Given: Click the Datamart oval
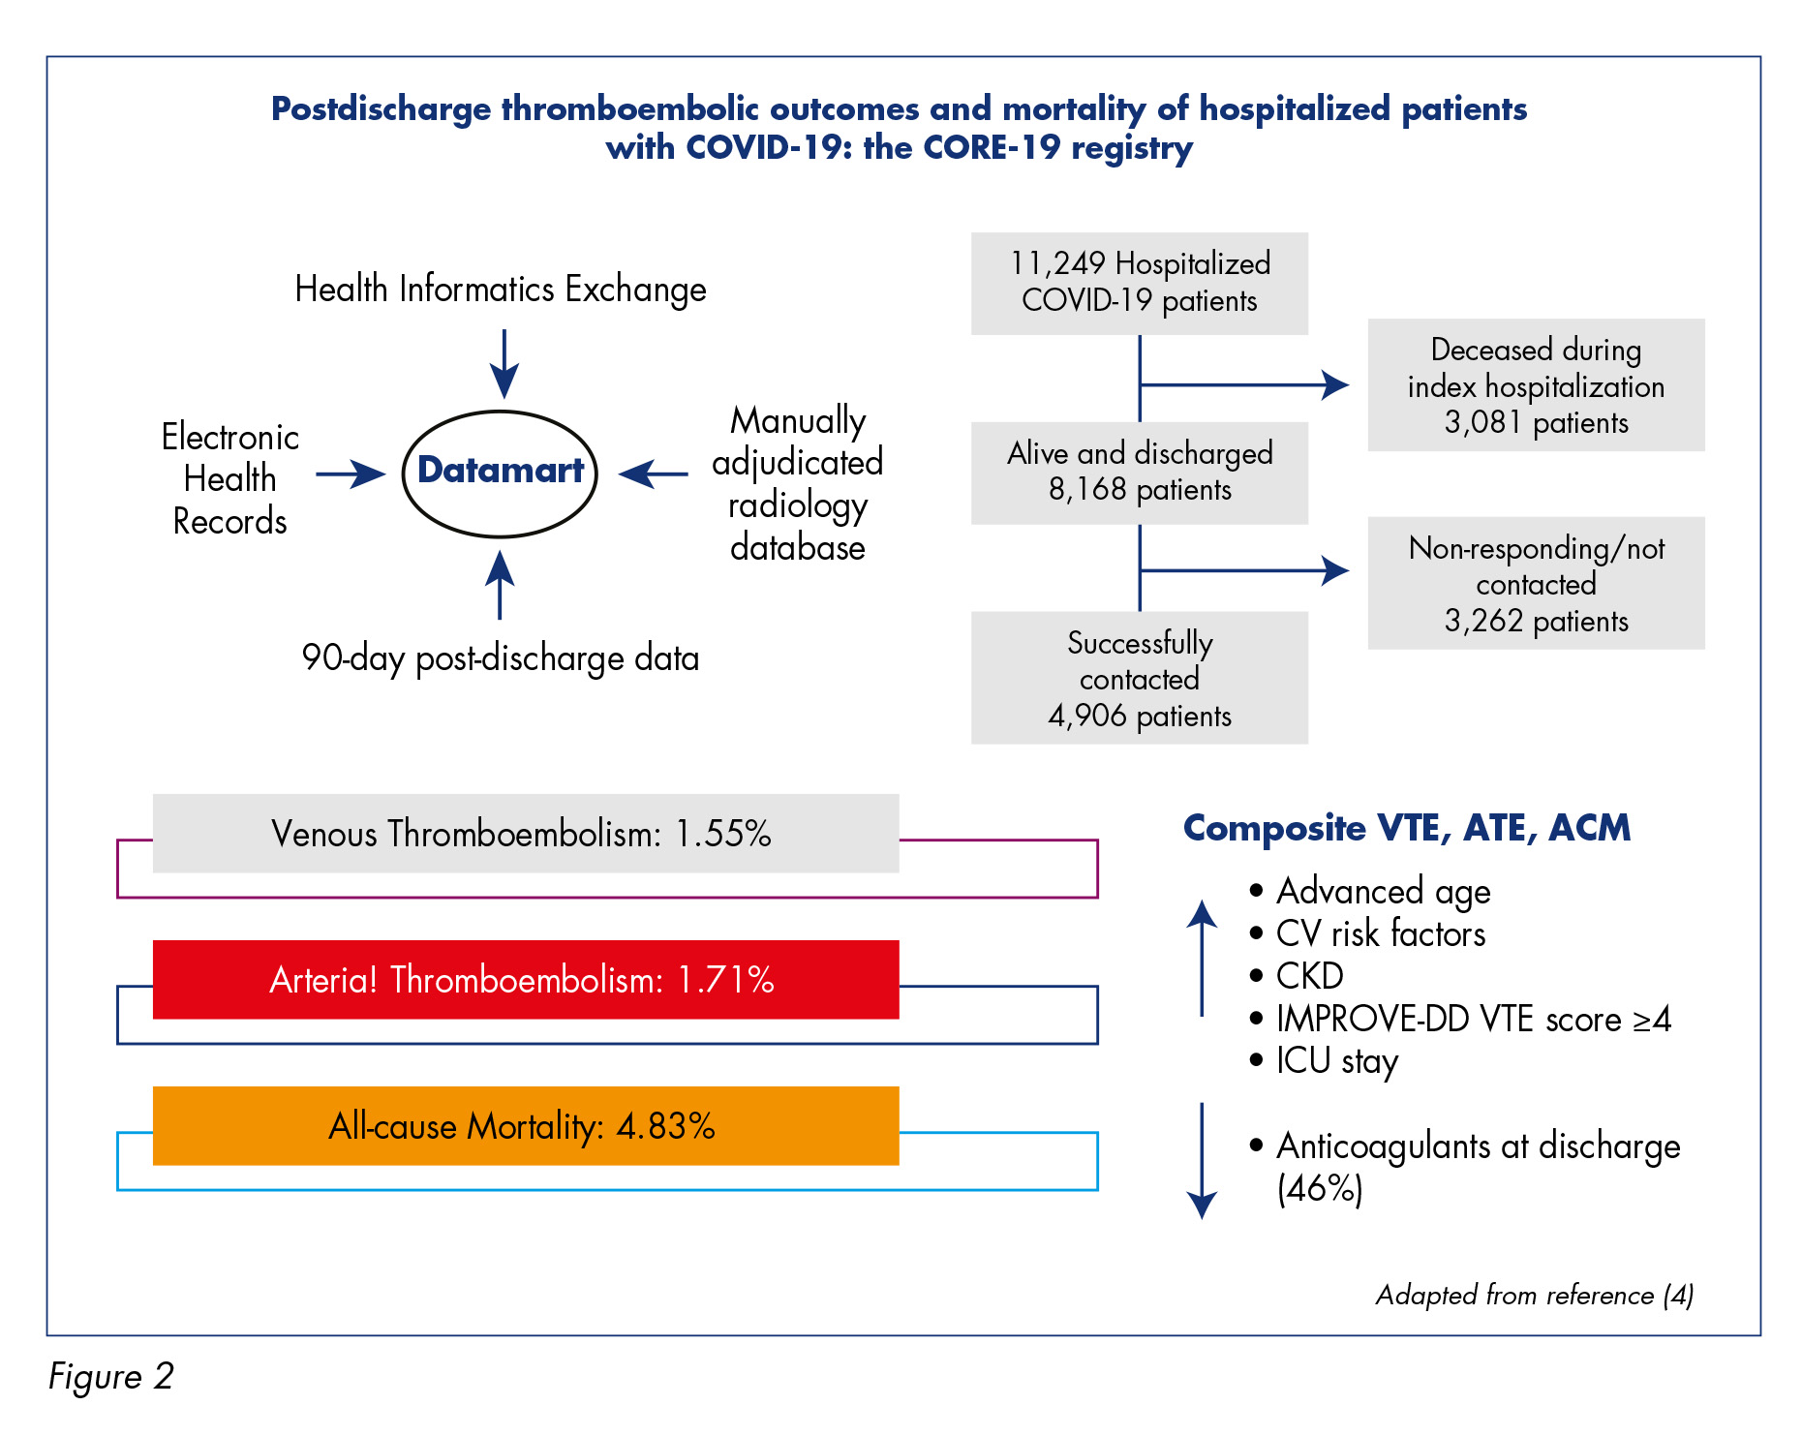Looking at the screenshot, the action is tap(500, 413).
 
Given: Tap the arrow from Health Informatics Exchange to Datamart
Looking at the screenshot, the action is tap(504, 364).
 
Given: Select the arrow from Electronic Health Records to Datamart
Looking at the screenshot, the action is tap(351, 474).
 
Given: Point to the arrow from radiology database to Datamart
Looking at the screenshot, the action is tap(654, 474).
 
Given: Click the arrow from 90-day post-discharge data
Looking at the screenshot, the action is tap(500, 585).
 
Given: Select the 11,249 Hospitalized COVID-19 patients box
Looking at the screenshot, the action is tap(1140, 283).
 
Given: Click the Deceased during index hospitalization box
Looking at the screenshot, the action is tap(1536, 384).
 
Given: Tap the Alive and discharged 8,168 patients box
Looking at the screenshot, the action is tap(1140, 473).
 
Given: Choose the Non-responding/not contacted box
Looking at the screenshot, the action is tap(1536, 583).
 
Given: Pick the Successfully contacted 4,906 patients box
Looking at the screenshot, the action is tap(1140, 678).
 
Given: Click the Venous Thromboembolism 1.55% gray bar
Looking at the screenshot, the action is tap(526, 834).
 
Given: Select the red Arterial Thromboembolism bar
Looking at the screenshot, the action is tap(526, 980).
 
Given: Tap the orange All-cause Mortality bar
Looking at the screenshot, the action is tap(526, 1126).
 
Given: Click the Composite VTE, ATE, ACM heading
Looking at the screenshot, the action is tap(1407, 829).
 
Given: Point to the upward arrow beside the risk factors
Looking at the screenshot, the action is tap(1202, 959).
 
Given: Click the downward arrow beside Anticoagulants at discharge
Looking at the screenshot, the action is tap(1202, 1161).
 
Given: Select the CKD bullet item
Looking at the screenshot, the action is tap(1297, 976).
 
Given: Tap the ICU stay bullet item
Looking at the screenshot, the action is tap(1324, 1061).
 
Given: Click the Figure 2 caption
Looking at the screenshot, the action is tap(111, 1376).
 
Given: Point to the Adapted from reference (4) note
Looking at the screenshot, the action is tap(1535, 1296).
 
